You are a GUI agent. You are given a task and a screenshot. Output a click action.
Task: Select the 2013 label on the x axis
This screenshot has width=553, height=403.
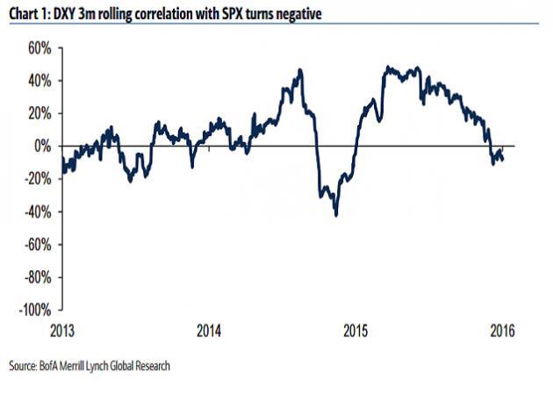62,331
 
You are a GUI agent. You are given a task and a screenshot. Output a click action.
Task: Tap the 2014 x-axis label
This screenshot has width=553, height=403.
208,331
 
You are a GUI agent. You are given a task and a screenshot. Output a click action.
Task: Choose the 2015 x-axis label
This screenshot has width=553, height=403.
355,331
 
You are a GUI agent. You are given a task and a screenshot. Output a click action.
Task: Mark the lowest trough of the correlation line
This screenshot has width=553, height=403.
336,215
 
